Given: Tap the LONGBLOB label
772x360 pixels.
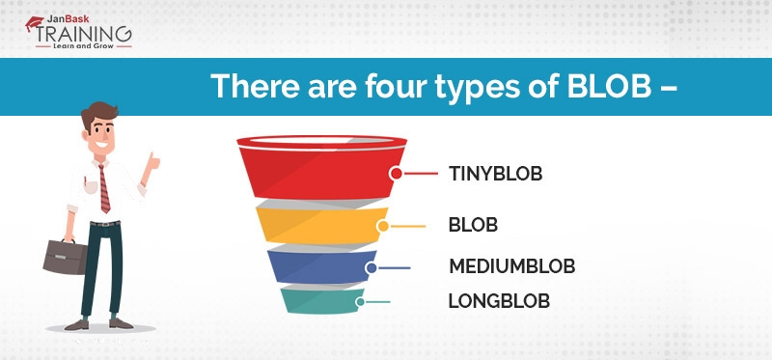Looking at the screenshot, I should (x=498, y=301).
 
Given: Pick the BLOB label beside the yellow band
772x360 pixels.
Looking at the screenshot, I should (x=473, y=226).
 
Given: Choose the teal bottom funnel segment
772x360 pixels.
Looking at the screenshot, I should (x=318, y=301).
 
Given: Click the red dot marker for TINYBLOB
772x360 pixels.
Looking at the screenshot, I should (x=396, y=175).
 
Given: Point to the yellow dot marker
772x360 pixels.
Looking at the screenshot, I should (x=383, y=227).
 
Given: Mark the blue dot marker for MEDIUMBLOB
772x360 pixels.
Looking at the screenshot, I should (x=371, y=267).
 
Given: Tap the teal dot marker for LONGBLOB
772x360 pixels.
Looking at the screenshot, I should (x=360, y=301).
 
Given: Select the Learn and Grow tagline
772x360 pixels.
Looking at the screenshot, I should (x=84, y=44).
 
